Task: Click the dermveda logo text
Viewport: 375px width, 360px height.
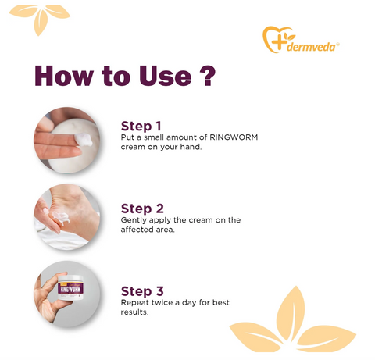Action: click(x=311, y=47)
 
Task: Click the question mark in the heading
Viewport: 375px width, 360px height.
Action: click(x=207, y=76)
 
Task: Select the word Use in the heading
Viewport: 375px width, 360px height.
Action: click(x=166, y=76)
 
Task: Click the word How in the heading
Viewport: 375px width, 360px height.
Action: click(x=64, y=76)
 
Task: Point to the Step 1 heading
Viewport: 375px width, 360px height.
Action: click(x=141, y=126)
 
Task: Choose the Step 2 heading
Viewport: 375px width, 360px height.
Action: click(x=142, y=209)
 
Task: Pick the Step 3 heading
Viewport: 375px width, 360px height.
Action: click(x=142, y=291)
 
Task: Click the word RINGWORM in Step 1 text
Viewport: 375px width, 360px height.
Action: click(x=234, y=137)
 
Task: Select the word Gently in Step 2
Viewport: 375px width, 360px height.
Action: click(x=134, y=220)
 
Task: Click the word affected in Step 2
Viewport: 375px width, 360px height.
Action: click(x=137, y=230)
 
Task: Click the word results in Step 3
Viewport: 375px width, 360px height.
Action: click(x=134, y=312)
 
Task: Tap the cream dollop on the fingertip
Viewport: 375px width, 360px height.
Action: click(x=84, y=140)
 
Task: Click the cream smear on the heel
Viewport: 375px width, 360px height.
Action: click(x=61, y=218)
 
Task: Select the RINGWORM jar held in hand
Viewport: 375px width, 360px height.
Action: click(x=70, y=287)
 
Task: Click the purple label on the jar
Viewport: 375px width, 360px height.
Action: click(x=70, y=289)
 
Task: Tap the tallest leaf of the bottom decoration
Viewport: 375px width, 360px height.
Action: click(x=291, y=313)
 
